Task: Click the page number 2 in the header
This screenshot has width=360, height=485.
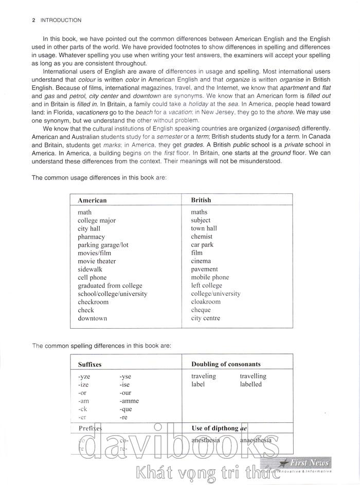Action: (x=33, y=21)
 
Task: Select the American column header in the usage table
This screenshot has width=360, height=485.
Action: (x=92, y=200)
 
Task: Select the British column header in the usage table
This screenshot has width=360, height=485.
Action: (x=201, y=200)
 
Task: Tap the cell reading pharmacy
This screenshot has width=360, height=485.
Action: (x=91, y=237)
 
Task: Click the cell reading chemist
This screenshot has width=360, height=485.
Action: (x=202, y=237)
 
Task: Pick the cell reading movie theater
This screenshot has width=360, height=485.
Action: (x=97, y=261)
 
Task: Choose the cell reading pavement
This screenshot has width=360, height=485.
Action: (x=205, y=269)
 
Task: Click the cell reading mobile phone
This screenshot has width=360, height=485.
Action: (x=210, y=277)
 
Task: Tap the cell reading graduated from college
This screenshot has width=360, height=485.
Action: (x=110, y=285)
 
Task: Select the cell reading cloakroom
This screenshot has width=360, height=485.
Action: (x=206, y=302)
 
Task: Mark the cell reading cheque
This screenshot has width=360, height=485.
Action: (x=201, y=310)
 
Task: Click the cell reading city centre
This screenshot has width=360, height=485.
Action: (x=205, y=318)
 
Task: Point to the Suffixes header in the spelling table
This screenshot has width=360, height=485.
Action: (x=89, y=364)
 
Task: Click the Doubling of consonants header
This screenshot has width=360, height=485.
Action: (x=226, y=364)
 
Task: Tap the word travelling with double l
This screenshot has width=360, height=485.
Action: (x=253, y=376)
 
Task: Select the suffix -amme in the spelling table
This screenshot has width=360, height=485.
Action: (x=129, y=401)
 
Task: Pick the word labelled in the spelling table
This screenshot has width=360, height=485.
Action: (x=250, y=384)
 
